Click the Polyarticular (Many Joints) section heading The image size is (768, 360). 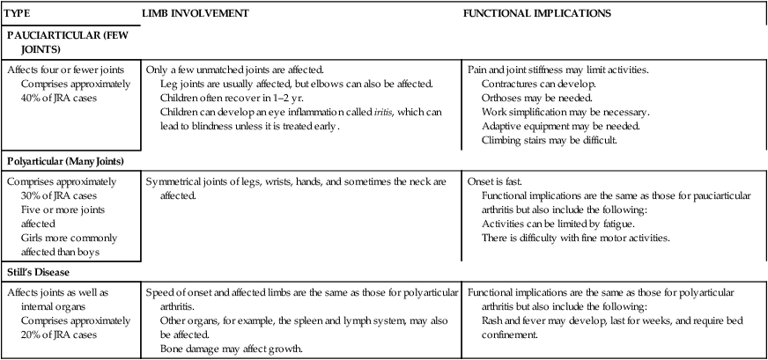[x=70, y=162]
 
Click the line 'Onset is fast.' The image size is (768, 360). [x=493, y=181]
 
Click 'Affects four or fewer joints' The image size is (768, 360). [x=69, y=70]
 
